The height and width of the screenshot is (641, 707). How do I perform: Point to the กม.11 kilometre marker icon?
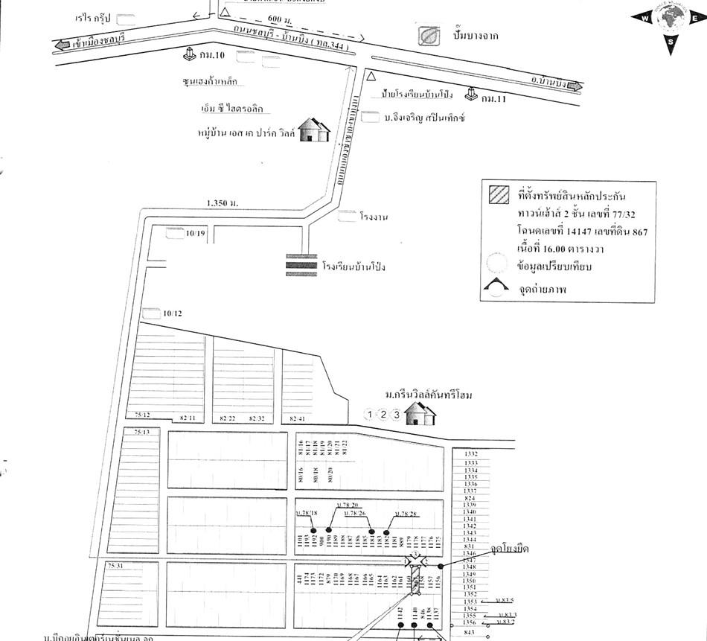point(470,94)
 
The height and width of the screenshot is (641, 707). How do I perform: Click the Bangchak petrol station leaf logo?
point(428,36)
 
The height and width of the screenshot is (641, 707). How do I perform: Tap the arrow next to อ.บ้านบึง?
point(573,86)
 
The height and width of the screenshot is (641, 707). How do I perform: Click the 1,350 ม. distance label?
point(223,202)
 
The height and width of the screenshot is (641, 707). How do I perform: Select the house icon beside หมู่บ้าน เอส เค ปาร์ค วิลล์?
point(316,130)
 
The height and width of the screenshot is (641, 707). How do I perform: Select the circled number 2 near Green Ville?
point(383,415)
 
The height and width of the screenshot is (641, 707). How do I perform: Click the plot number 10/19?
point(195,234)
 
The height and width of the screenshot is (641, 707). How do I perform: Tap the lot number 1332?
point(470,453)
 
